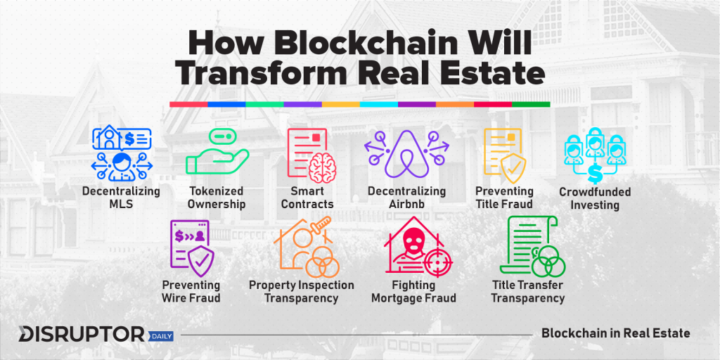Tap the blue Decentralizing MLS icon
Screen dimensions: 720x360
click(122, 154)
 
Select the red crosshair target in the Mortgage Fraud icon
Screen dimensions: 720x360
click(437, 262)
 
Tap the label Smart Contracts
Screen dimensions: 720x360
click(307, 197)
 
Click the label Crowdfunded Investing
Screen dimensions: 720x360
click(595, 198)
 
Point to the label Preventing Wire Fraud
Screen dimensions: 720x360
click(191, 292)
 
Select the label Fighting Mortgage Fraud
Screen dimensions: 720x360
click(413, 292)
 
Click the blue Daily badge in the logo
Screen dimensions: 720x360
click(161, 337)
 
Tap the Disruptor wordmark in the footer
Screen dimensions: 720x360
click(82, 335)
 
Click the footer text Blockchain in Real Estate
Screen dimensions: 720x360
click(616, 333)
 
